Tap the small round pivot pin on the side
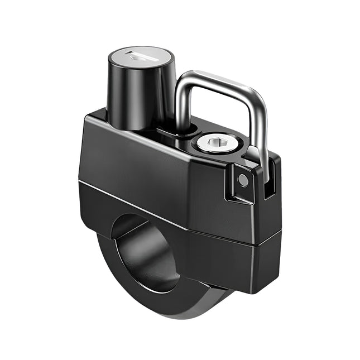pyautogui.click(x=243, y=180)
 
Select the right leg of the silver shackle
pyautogui.click(x=262, y=140)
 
